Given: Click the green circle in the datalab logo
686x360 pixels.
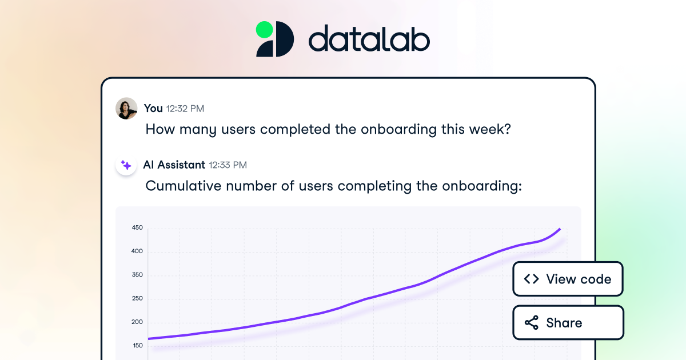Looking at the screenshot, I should (x=264, y=29).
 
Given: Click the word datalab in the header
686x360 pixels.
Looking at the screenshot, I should (x=369, y=40).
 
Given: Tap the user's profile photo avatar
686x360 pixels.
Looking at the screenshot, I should (x=126, y=108).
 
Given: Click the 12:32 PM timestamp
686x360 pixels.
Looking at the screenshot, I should (x=185, y=109).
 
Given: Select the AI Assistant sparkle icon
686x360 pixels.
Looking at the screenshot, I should (x=126, y=165).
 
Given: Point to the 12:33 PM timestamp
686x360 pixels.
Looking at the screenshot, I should (x=228, y=165).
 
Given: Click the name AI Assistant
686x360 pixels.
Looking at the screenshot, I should (x=174, y=165).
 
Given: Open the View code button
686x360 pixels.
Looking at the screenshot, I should (x=568, y=279).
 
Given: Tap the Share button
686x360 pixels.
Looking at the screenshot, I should (x=568, y=323).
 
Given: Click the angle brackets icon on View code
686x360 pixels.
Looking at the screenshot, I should (x=532, y=279).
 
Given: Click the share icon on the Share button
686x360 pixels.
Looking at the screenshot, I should (x=532, y=323).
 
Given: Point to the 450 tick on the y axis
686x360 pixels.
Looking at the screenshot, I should (x=137, y=228).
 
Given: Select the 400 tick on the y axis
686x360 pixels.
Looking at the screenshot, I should (x=137, y=251).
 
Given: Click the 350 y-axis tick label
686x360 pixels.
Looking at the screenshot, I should (x=137, y=275).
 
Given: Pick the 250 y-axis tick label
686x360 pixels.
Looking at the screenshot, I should (x=137, y=298).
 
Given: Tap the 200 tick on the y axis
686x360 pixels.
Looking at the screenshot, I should (x=137, y=322).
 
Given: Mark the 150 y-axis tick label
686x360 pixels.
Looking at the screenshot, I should (x=137, y=346).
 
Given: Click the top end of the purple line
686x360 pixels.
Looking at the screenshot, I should (x=560, y=229).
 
